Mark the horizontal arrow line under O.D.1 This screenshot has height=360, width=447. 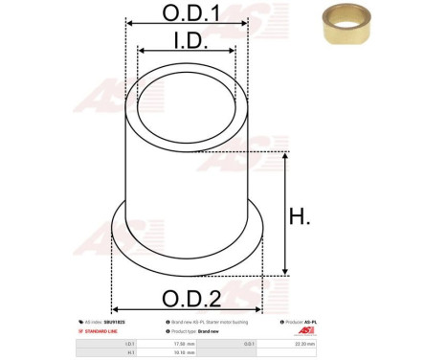tap(186, 30)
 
